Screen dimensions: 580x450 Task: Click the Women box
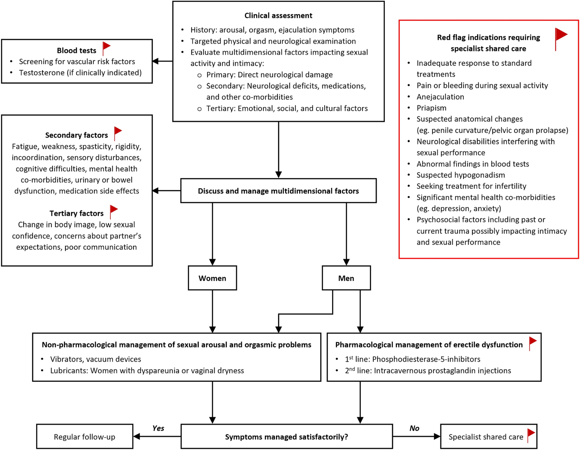point(212,278)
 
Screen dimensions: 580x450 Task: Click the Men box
point(346,278)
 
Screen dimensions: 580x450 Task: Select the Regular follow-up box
point(85,436)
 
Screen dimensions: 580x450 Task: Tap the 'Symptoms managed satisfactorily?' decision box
point(287,436)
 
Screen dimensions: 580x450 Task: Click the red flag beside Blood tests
point(106,48)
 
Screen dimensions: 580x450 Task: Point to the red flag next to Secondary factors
point(118,133)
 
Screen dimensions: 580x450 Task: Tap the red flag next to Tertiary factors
point(114,212)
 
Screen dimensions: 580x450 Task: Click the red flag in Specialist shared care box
point(531,435)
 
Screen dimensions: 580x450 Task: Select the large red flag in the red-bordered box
point(561,39)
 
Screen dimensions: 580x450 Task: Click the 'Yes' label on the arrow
point(158,428)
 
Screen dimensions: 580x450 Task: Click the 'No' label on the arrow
point(414,428)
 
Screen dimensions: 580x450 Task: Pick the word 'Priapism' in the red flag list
point(431,108)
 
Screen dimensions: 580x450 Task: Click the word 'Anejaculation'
point(440,97)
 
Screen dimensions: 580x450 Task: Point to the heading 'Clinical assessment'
point(278,16)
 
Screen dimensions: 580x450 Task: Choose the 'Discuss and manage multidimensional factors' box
point(279,191)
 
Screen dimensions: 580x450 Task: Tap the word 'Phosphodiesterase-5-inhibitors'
point(426,359)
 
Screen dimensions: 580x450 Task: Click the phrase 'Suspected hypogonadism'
point(461,175)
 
